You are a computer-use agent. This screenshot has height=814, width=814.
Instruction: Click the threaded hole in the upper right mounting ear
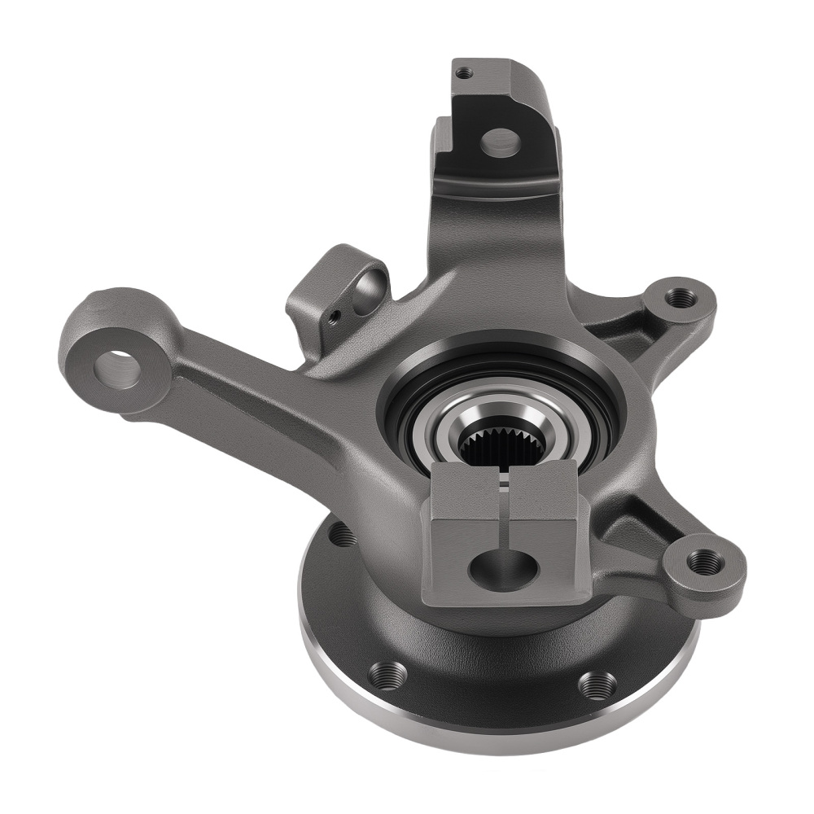click(681, 298)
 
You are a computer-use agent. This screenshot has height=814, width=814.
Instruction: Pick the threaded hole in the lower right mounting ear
click(703, 562)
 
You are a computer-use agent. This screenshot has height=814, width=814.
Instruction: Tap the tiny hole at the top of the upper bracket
click(464, 72)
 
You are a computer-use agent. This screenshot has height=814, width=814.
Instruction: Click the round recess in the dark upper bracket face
click(499, 142)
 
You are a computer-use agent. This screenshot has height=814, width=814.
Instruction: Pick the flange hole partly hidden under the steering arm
click(340, 535)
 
